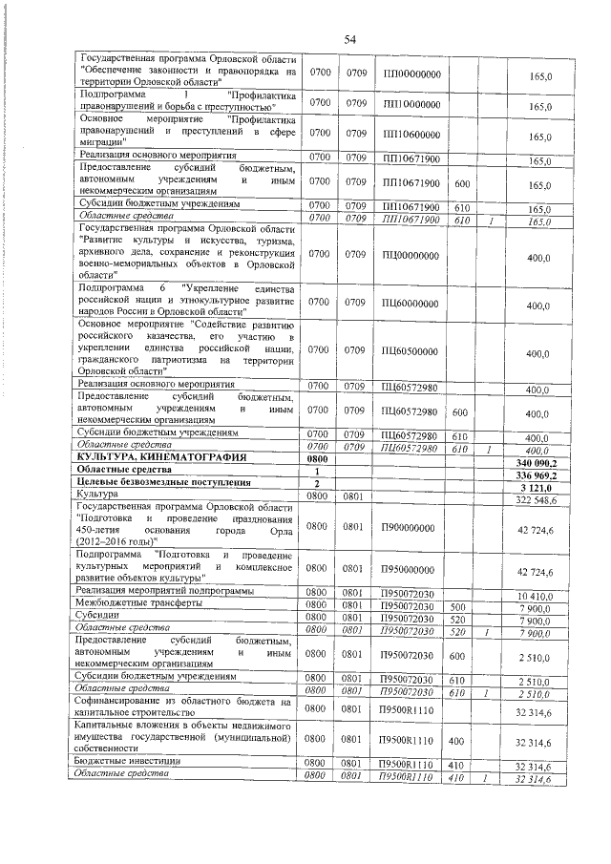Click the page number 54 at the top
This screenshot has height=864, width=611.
pyautogui.click(x=349, y=38)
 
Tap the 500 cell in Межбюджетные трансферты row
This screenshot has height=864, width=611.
pyautogui.click(x=458, y=605)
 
